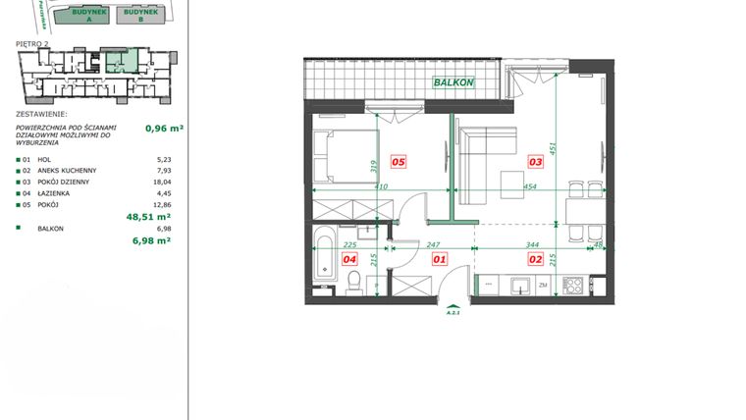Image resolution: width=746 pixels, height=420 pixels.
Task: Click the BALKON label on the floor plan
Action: tap(453, 83)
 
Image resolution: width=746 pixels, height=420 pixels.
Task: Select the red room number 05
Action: tap(399, 162)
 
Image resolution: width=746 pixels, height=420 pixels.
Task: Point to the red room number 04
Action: tap(347, 260)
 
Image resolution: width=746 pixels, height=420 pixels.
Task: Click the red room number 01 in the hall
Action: tap(439, 260)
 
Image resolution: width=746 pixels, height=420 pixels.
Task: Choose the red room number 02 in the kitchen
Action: tap(536, 260)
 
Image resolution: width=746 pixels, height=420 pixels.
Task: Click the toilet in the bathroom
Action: tap(353, 283)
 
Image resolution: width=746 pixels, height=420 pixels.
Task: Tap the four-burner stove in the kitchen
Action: tap(573, 286)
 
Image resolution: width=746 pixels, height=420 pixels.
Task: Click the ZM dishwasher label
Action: tap(543, 286)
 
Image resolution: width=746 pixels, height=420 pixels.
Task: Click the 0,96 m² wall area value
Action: tap(164, 128)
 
